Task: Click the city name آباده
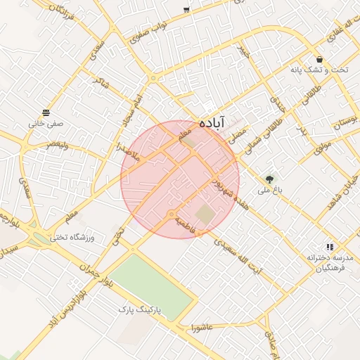pos(212,121)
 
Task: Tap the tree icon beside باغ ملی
pos(270,179)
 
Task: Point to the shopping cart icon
pos(186,10)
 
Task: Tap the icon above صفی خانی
pos(46,112)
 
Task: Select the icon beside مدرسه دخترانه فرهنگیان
pos(329,247)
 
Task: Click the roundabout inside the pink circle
pos(171,214)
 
